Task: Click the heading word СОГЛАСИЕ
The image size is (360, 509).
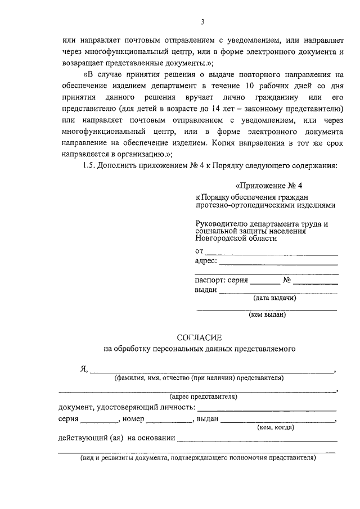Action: [200, 337]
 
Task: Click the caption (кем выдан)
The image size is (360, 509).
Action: [267, 315]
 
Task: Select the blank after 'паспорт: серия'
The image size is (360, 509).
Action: [264, 282]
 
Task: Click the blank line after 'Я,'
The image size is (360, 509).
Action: [211, 372]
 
